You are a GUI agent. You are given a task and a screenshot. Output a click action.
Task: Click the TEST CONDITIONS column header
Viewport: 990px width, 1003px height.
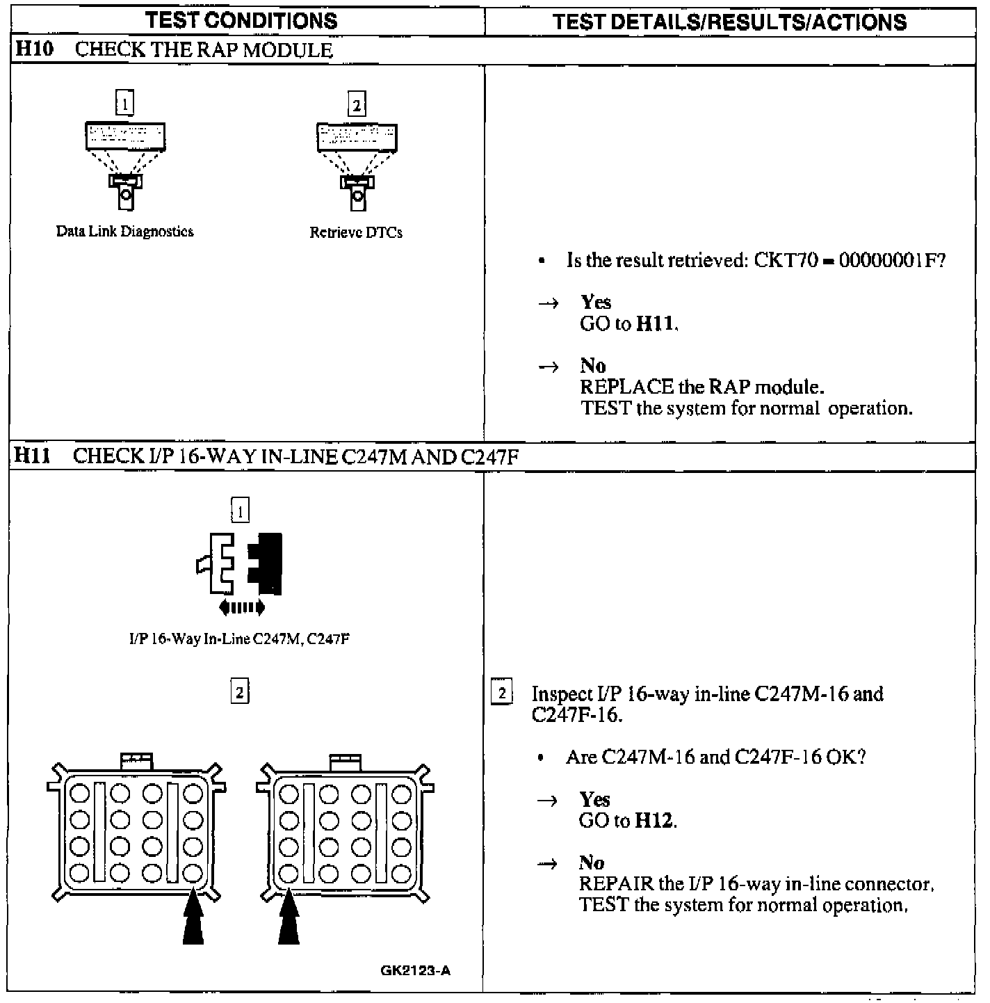(241, 20)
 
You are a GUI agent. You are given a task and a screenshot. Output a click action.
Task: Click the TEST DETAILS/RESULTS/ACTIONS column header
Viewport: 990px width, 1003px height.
(729, 22)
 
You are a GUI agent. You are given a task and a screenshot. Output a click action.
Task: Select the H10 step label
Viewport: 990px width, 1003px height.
(33, 49)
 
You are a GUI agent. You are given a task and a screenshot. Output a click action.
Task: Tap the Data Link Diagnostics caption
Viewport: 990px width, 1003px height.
(124, 232)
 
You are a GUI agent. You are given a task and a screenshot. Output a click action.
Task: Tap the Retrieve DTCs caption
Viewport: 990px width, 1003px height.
(356, 232)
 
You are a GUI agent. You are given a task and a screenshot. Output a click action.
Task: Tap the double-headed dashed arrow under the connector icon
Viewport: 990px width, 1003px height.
(241, 608)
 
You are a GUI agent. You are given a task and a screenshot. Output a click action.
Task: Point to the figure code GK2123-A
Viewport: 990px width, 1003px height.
(415, 970)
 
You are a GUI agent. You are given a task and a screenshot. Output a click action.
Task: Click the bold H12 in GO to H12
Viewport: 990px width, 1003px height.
(654, 821)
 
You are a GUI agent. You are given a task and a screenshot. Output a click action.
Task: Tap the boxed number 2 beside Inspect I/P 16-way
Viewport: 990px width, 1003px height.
(502, 693)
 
